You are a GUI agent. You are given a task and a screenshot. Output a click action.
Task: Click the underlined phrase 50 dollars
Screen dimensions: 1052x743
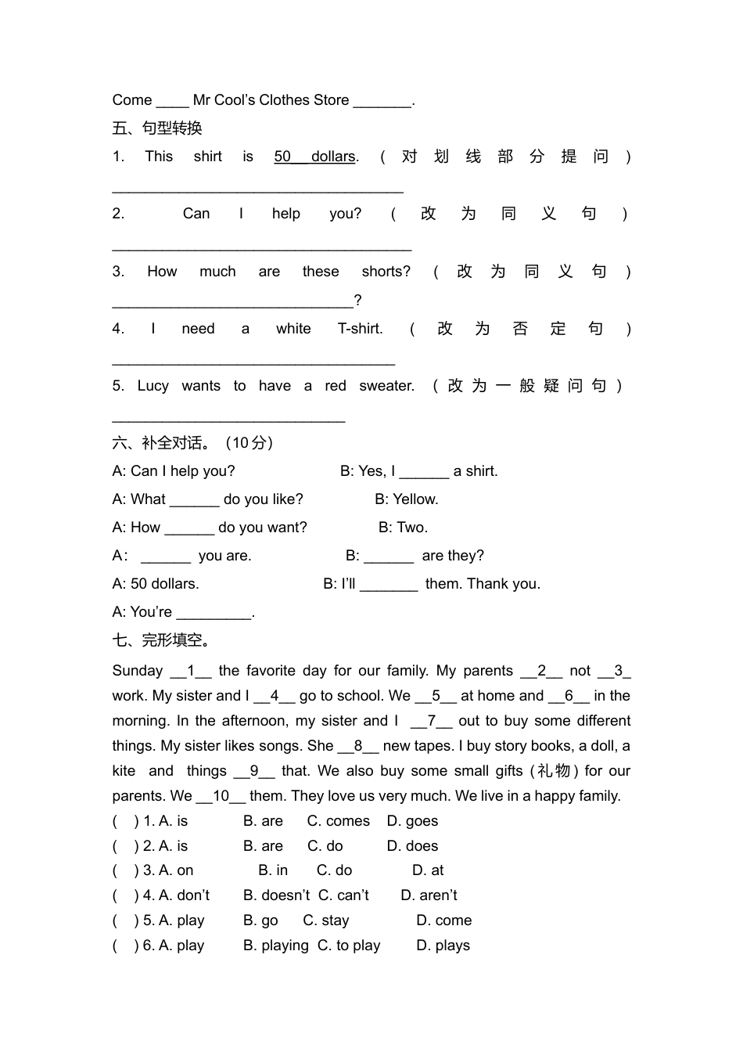tap(316, 157)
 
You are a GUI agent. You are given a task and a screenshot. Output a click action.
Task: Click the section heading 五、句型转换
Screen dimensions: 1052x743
tap(157, 128)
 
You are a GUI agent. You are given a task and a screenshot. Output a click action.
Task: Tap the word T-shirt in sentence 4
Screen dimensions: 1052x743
tap(360, 329)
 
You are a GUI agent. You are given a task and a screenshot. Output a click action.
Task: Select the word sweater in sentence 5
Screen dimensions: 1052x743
tap(386, 386)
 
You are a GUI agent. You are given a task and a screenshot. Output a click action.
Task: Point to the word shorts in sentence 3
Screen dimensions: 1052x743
tap(386, 272)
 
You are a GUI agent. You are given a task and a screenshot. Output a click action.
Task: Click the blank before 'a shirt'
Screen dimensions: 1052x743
tap(424, 472)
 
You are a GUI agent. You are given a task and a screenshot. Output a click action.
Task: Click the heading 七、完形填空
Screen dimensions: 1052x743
tap(162, 640)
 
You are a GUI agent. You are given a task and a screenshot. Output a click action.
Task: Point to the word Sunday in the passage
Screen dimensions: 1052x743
tap(138, 671)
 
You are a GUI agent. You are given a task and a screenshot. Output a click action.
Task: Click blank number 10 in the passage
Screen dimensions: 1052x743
tap(221, 796)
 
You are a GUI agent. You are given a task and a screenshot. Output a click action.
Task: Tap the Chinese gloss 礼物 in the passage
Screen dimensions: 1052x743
tap(554, 771)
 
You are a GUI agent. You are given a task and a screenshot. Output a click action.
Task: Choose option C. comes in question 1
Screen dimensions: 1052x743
tap(338, 821)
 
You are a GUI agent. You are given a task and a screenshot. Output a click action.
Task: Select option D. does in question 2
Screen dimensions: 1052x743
tap(412, 846)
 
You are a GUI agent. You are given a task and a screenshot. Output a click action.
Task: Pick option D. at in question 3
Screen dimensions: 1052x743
tap(428, 870)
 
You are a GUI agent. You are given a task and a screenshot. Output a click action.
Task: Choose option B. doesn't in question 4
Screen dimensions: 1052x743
tap(276, 895)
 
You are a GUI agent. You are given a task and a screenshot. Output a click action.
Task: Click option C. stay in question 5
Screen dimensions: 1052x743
tap(326, 920)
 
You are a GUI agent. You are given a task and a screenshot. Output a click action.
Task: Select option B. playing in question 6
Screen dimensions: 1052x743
tap(275, 946)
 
